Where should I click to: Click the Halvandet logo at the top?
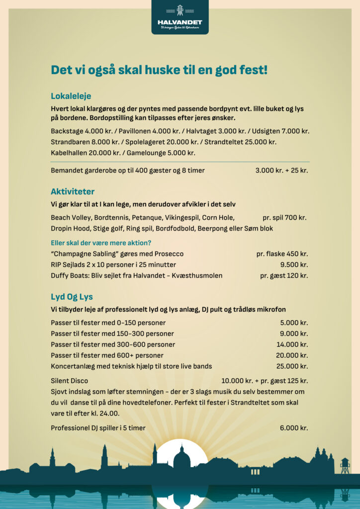click(180, 17)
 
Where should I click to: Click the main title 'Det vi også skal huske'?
click(159, 70)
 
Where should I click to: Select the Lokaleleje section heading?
click(71, 96)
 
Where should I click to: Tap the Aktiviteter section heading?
click(73, 191)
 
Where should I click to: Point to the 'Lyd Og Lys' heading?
click(72, 297)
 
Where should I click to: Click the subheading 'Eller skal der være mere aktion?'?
click(101, 243)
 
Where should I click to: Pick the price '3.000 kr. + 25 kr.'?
click(281, 170)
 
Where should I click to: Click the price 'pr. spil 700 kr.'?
click(284, 218)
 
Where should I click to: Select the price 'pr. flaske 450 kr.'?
click(282, 254)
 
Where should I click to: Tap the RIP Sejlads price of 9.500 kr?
click(294, 265)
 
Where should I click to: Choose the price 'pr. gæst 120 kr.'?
click(284, 275)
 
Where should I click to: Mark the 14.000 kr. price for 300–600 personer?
click(292, 344)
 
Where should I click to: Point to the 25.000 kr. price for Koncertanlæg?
click(292, 366)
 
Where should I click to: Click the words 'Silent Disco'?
click(69, 381)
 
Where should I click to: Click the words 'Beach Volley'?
click(70, 218)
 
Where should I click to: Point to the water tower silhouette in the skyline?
click(345, 465)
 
